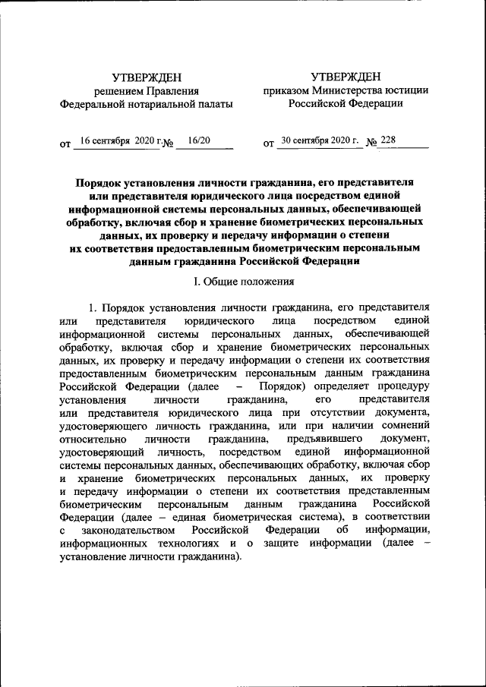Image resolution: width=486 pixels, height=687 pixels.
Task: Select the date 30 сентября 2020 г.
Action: (318, 141)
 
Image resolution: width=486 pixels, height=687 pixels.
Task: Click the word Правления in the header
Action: (175, 90)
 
